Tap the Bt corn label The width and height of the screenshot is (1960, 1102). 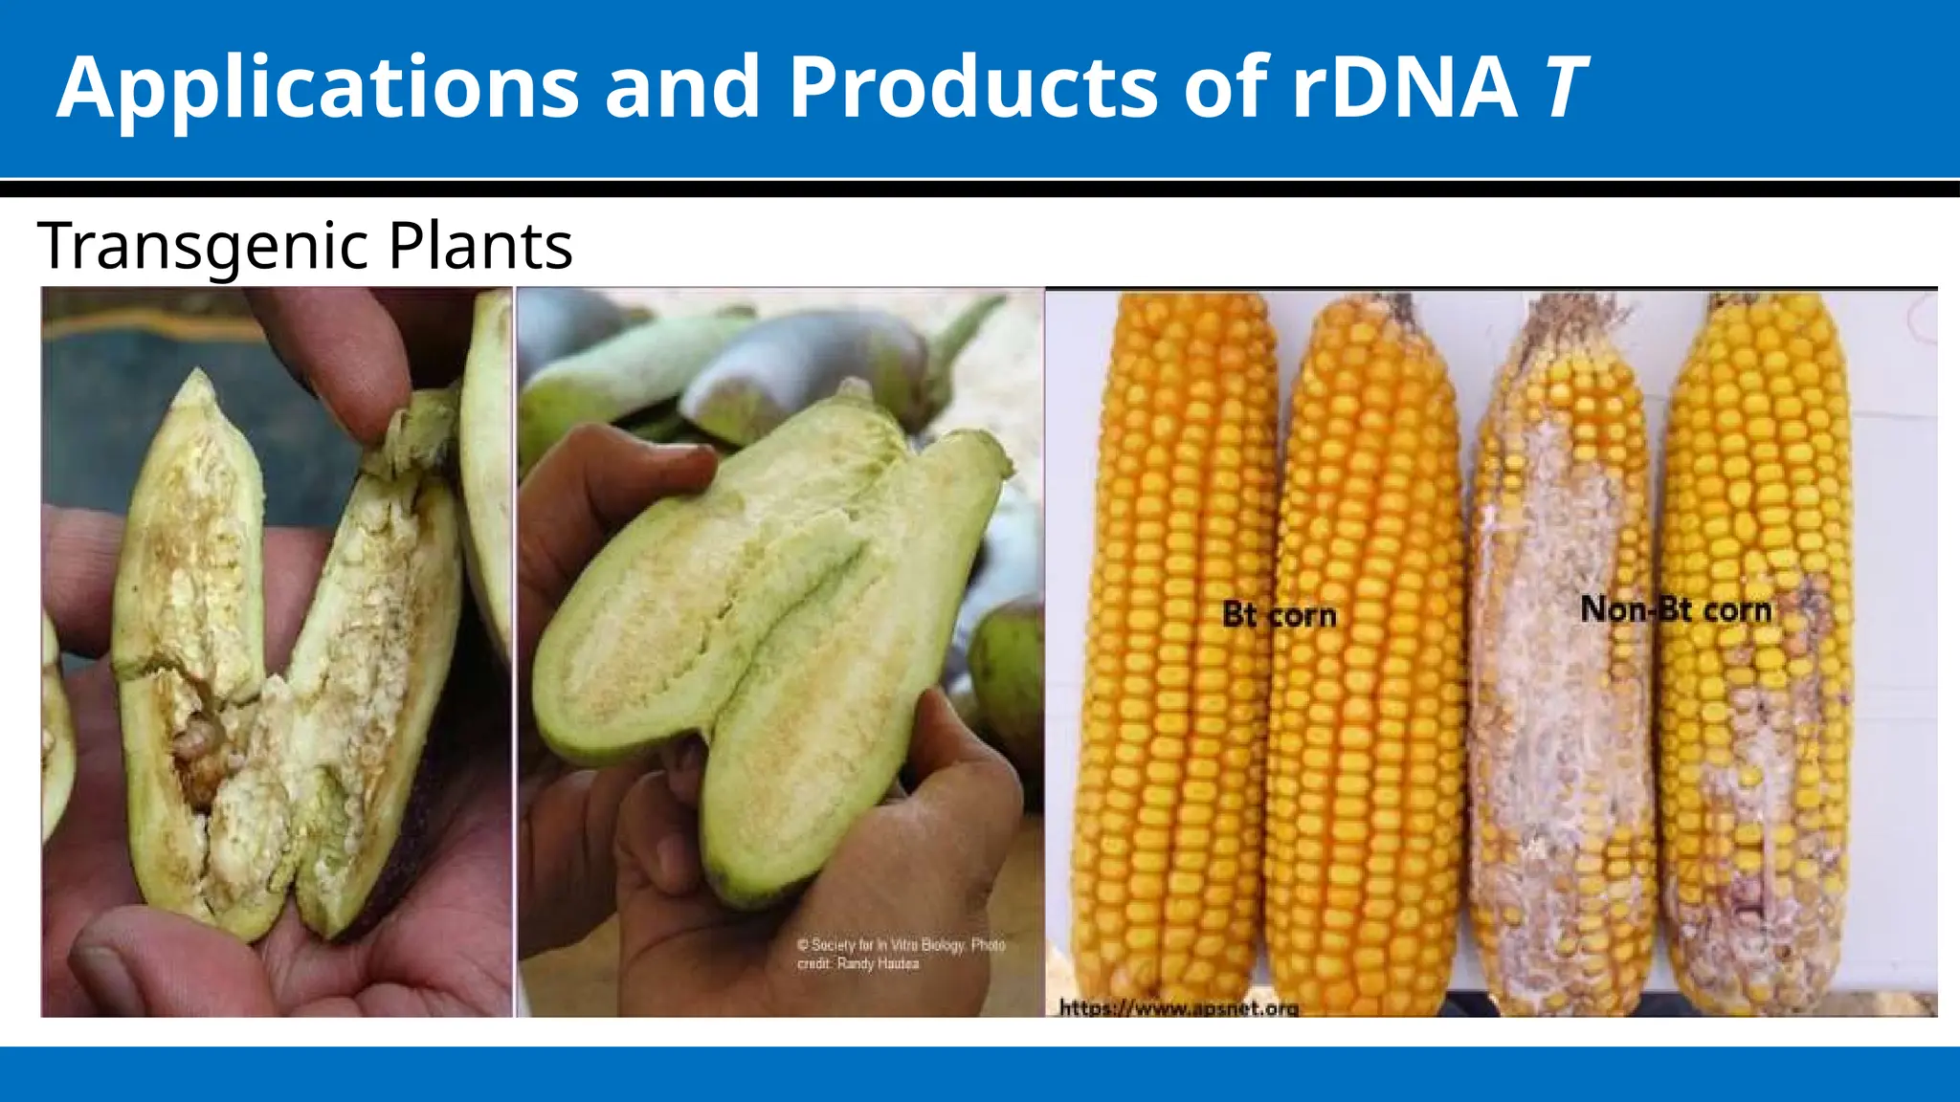1279,615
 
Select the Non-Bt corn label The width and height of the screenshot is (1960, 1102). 1675,609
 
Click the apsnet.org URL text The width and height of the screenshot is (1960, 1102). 1179,1007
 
